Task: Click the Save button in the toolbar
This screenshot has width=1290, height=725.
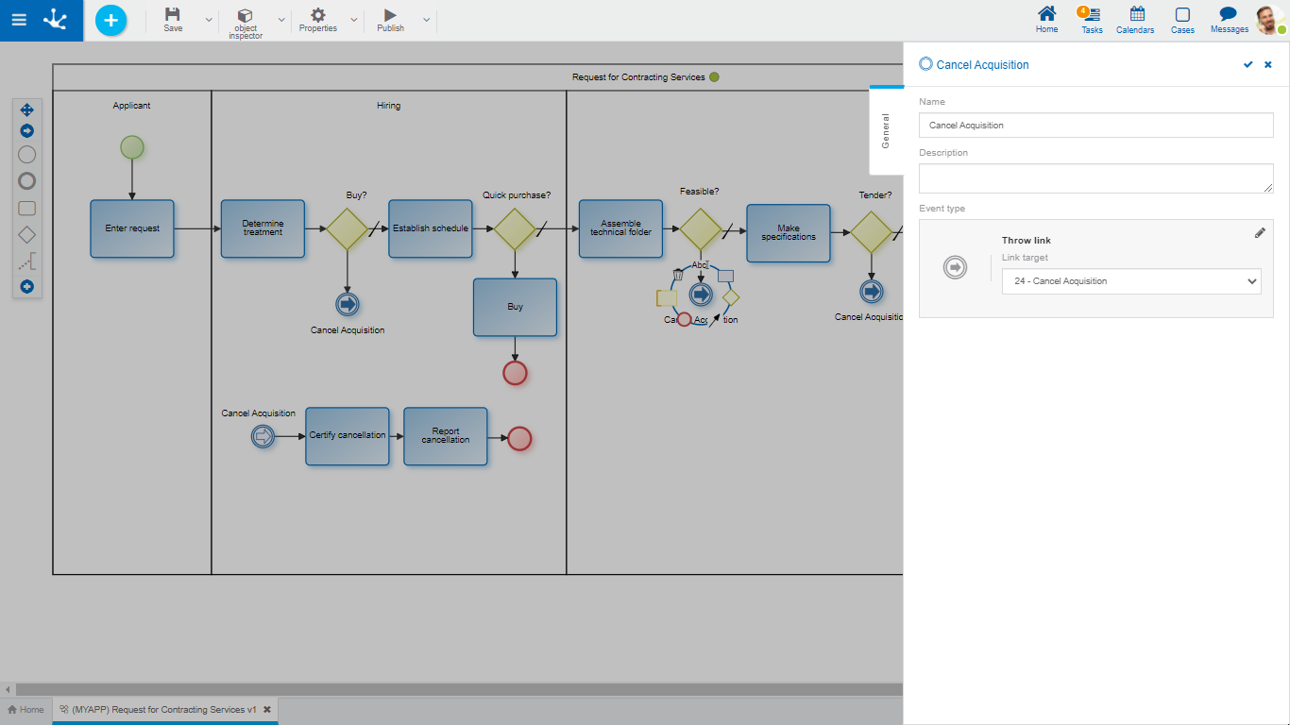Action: pyautogui.click(x=173, y=19)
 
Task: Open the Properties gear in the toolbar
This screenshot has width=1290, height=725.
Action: pyautogui.click(x=318, y=19)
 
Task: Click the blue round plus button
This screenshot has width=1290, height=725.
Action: pyautogui.click(x=110, y=20)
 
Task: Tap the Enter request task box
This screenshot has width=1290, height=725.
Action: pyautogui.click(x=132, y=228)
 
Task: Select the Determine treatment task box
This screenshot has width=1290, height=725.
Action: pyautogui.click(x=263, y=228)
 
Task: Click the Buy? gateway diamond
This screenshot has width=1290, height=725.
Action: pyautogui.click(x=348, y=228)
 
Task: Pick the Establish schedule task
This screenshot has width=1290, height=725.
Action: pyautogui.click(x=430, y=228)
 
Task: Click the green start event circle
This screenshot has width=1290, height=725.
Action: pyautogui.click(x=132, y=147)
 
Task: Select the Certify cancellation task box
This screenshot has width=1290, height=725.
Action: pyautogui.click(x=347, y=436)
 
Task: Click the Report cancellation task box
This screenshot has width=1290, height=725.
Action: pyautogui.click(x=445, y=436)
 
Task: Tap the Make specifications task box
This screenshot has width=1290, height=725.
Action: pyautogui.click(x=788, y=232)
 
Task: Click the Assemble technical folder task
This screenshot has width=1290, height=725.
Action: pyautogui.click(x=620, y=228)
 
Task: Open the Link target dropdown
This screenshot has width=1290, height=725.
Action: pyautogui.click(x=1130, y=281)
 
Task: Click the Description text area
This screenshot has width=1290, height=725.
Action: pyautogui.click(x=1095, y=178)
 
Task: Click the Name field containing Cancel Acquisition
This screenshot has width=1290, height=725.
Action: pyautogui.click(x=1095, y=126)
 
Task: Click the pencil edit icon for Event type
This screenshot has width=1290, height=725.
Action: pyautogui.click(x=1260, y=233)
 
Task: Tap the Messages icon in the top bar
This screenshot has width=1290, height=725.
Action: pyautogui.click(x=1229, y=19)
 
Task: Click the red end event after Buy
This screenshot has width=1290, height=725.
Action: pyautogui.click(x=515, y=373)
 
